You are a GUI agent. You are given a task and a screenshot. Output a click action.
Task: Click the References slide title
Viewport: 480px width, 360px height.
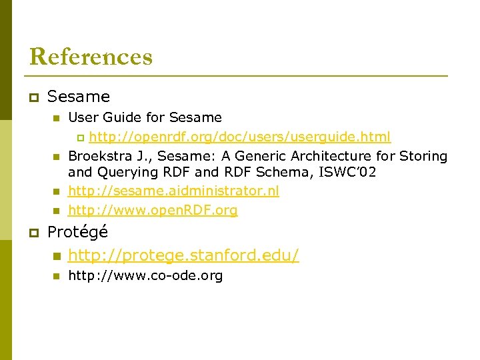click(91, 57)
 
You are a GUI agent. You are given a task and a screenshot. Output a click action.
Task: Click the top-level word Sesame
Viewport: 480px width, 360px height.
click(79, 97)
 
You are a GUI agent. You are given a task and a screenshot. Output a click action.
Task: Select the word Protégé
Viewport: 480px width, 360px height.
click(77, 233)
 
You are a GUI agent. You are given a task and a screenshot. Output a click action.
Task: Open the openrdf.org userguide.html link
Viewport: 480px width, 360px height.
click(240, 137)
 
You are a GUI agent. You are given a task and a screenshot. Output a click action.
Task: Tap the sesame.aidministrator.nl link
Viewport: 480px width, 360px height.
click(173, 191)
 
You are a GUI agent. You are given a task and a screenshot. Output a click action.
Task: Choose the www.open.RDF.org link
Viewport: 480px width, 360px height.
click(153, 211)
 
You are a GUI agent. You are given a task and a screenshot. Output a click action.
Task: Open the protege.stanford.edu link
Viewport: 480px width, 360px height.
click(183, 255)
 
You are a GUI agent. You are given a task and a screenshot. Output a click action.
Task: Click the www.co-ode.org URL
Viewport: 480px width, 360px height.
click(145, 275)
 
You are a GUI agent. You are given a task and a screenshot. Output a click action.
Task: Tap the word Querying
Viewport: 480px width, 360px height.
click(124, 173)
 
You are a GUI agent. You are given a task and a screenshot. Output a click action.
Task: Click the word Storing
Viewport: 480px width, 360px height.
click(423, 156)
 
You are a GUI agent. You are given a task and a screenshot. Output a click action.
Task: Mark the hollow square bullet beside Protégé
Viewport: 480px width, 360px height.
click(33, 233)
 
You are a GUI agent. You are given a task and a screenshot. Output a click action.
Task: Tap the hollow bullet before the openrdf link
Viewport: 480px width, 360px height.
click(81, 138)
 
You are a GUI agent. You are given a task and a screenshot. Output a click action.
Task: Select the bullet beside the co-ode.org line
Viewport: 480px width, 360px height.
click(57, 276)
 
